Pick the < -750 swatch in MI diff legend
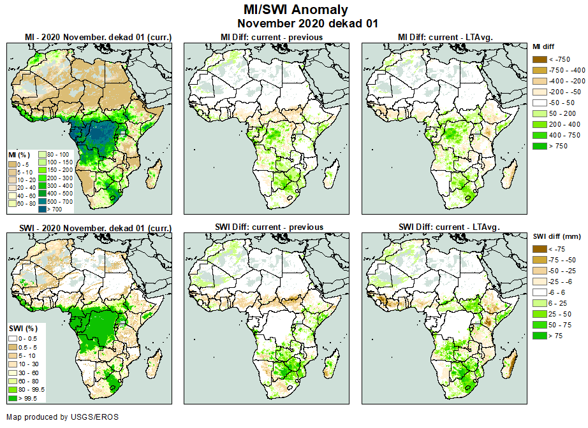[540, 59]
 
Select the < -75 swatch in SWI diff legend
[540, 249]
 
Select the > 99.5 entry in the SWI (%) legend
[27, 398]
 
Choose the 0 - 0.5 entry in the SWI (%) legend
[27, 338]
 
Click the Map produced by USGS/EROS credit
[62, 417]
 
